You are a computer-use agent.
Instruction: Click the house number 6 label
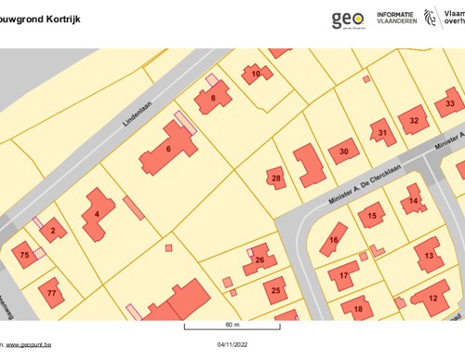coord(168,149)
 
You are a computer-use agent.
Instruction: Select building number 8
coord(213,98)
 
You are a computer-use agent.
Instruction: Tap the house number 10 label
coord(256,73)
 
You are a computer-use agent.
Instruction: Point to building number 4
coord(97,214)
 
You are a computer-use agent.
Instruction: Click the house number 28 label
coord(275,178)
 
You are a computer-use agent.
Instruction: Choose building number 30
coord(343,151)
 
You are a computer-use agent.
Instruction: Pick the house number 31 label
coord(382,134)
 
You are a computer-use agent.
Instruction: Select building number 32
coord(415,121)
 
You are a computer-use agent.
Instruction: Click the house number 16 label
coord(333,240)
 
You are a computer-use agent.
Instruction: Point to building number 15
coord(372,217)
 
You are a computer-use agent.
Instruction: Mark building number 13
coord(429,255)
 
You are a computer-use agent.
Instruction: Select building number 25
coord(275,291)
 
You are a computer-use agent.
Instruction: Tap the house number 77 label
coord(51,293)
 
